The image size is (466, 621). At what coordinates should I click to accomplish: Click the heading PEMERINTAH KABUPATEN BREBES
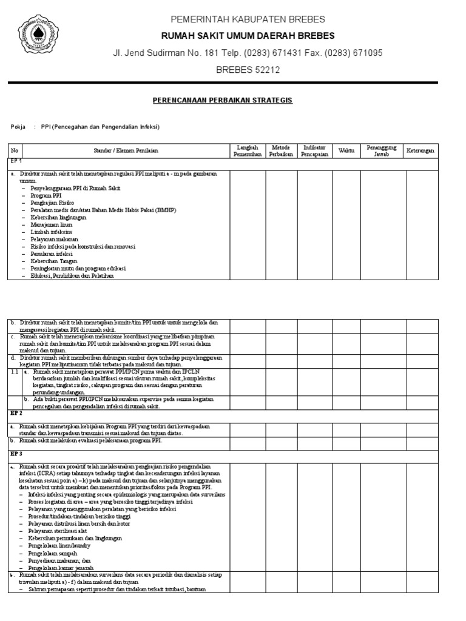248,19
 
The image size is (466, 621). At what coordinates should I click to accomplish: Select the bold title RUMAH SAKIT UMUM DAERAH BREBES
248,36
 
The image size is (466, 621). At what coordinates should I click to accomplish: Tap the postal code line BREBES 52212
248,70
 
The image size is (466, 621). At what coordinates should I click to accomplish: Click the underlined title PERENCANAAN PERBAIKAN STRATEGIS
222,99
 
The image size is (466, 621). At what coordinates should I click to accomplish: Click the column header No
15,150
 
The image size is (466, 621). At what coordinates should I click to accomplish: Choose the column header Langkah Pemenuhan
247,150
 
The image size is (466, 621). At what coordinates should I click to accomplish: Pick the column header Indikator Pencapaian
313,150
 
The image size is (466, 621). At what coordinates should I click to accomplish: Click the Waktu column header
346,150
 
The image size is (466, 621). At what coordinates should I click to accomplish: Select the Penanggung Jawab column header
383,150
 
